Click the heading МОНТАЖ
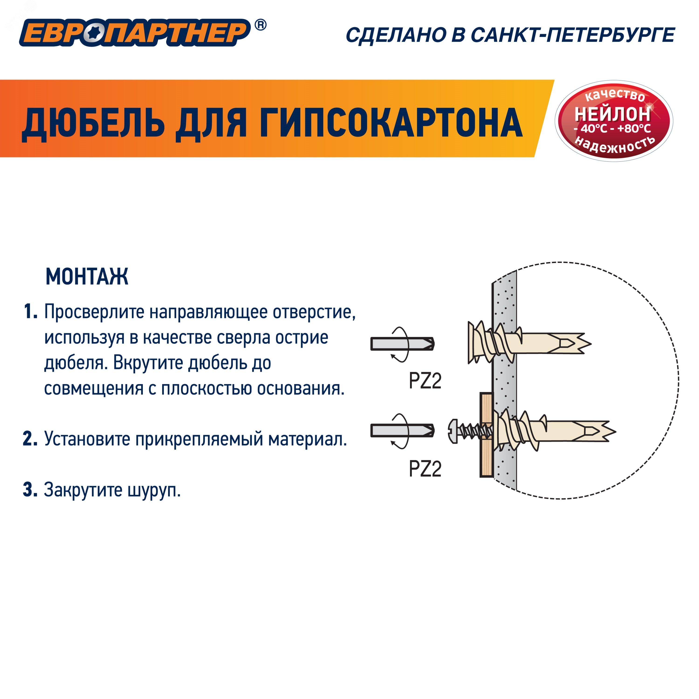coord(87,277)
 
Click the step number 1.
coord(30,312)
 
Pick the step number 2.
coord(30,439)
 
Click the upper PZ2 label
coord(425,381)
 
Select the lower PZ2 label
coord(425,469)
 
